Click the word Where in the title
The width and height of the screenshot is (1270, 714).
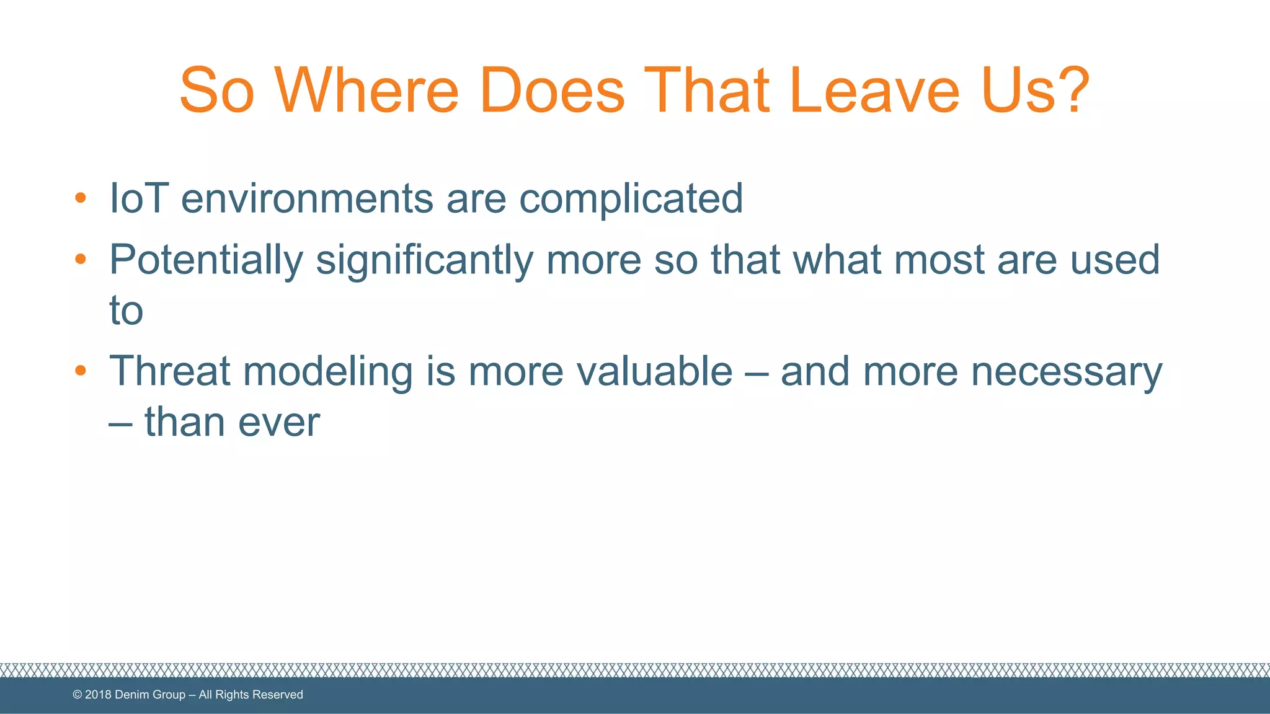coord(366,91)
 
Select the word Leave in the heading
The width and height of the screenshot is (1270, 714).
coord(874,91)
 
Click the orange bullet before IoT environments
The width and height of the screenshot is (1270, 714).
coord(80,198)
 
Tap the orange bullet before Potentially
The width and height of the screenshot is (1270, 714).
coord(80,259)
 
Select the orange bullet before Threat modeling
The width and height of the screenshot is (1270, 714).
coord(80,371)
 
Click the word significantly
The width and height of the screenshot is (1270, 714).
coord(424,260)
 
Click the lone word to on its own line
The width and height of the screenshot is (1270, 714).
coord(126,311)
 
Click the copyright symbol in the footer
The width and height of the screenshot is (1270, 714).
coord(78,695)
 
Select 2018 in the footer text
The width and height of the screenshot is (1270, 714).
coord(98,695)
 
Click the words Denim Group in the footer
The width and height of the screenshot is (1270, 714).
coord(150,695)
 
